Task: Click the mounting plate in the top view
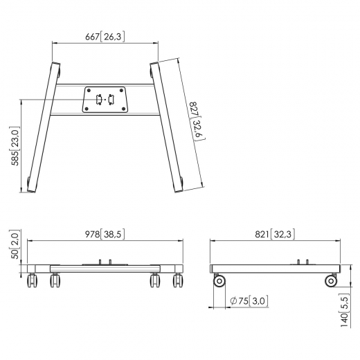[x=105, y=99]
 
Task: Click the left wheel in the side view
[x=220, y=280]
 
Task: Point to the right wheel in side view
[x=331, y=280]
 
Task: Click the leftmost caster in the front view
[x=32, y=280]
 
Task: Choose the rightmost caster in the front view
[x=179, y=280]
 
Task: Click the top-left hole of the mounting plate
[x=88, y=90]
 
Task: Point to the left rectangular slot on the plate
[x=98, y=99]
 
